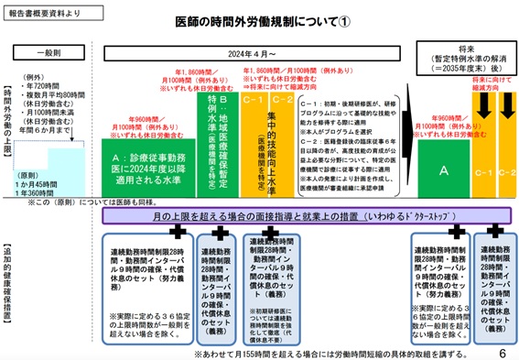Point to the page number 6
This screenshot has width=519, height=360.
(503, 351)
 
